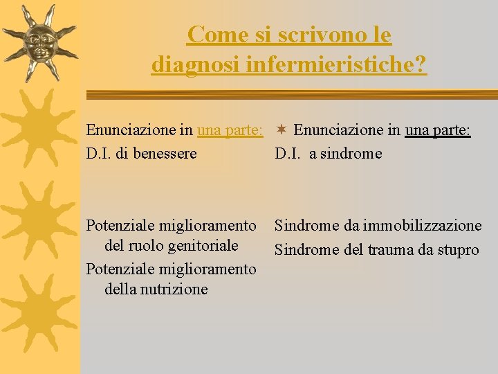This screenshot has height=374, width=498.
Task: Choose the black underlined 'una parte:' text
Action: pos(438,130)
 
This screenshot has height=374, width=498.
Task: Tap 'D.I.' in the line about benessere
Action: pos(99,153)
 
